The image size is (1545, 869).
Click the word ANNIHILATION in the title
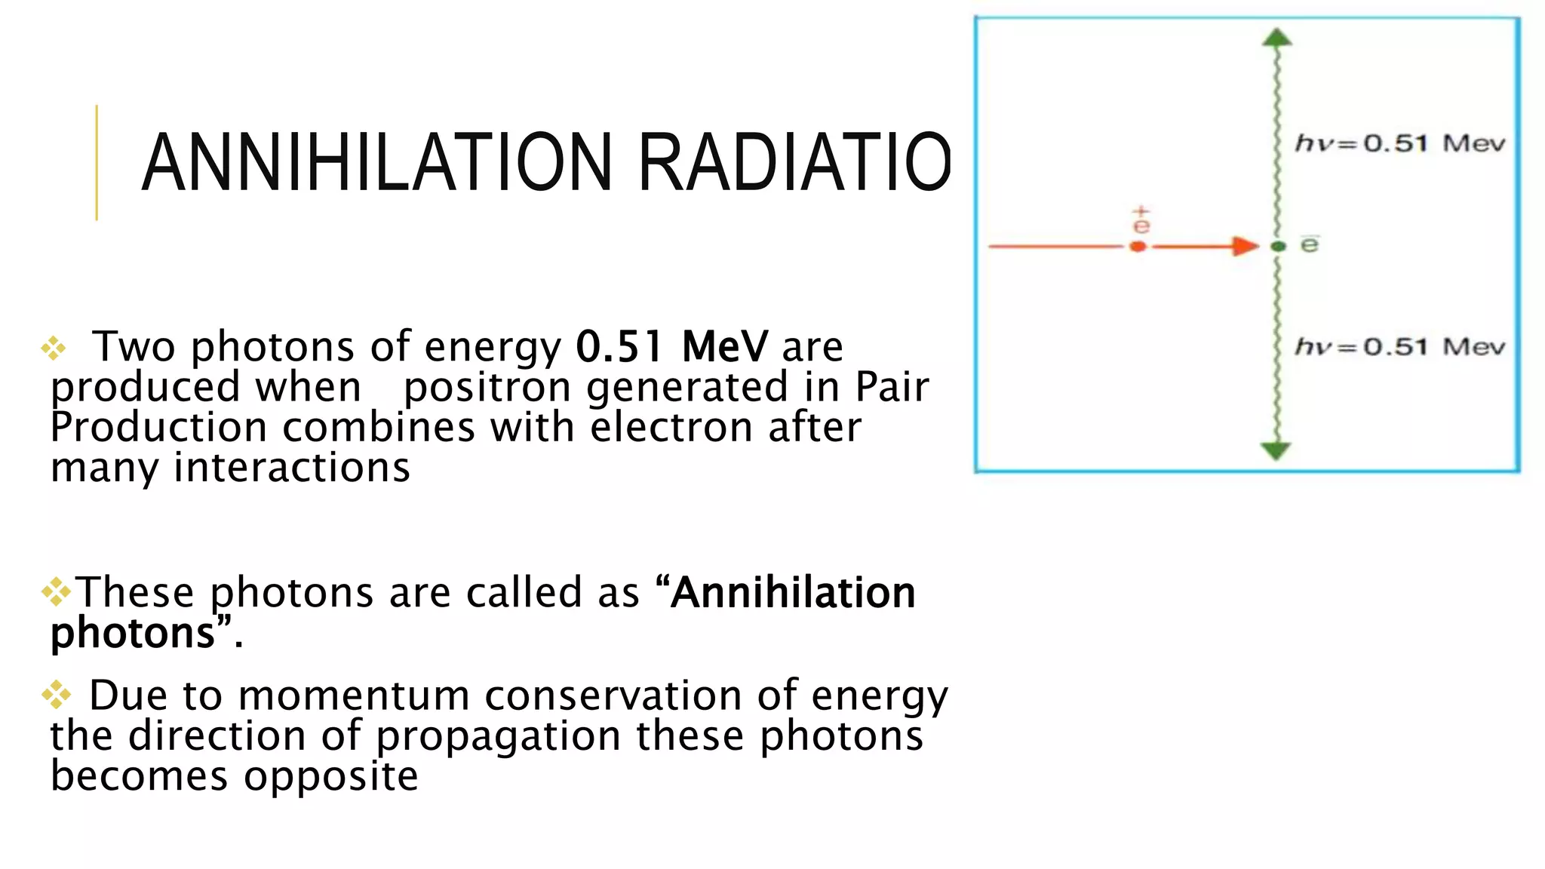pos(377,163)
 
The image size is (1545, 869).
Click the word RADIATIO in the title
pos(794,163)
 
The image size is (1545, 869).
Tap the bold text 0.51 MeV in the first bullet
pos(671,347)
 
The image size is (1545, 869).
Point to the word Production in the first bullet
pos(158,428)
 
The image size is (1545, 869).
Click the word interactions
pos(292,468)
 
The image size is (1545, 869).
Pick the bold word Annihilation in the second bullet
pos(794,592)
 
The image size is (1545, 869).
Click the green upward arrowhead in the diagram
pos(1276,38)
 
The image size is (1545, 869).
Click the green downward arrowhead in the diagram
pos(1276,451)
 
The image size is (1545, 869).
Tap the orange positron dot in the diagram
pos(1138,247)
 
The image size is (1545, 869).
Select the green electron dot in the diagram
pos(1277,247)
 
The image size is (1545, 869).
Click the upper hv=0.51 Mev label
pos(1399,143)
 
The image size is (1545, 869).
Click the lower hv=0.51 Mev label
pos(1399,347)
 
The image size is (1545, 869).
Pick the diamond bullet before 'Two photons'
pos(54,348)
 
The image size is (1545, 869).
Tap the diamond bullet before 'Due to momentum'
pos(56,695)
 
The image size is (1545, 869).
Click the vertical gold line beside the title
pos(97,163)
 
